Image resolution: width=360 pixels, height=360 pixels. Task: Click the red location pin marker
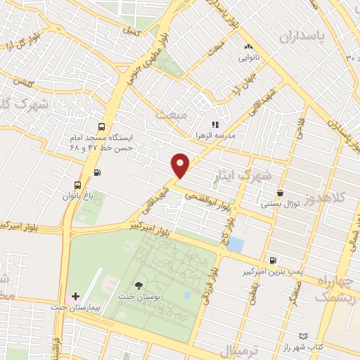tap(181, 165)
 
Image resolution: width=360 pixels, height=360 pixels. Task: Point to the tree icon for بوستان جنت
tap(138, 285)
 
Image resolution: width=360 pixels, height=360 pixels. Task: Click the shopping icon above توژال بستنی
tap(281, 193)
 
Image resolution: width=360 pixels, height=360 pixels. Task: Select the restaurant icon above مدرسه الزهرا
tap(215, 124)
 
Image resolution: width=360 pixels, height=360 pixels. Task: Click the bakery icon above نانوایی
tap(247, 48)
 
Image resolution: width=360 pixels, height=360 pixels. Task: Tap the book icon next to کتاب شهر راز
tap(303, 337)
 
